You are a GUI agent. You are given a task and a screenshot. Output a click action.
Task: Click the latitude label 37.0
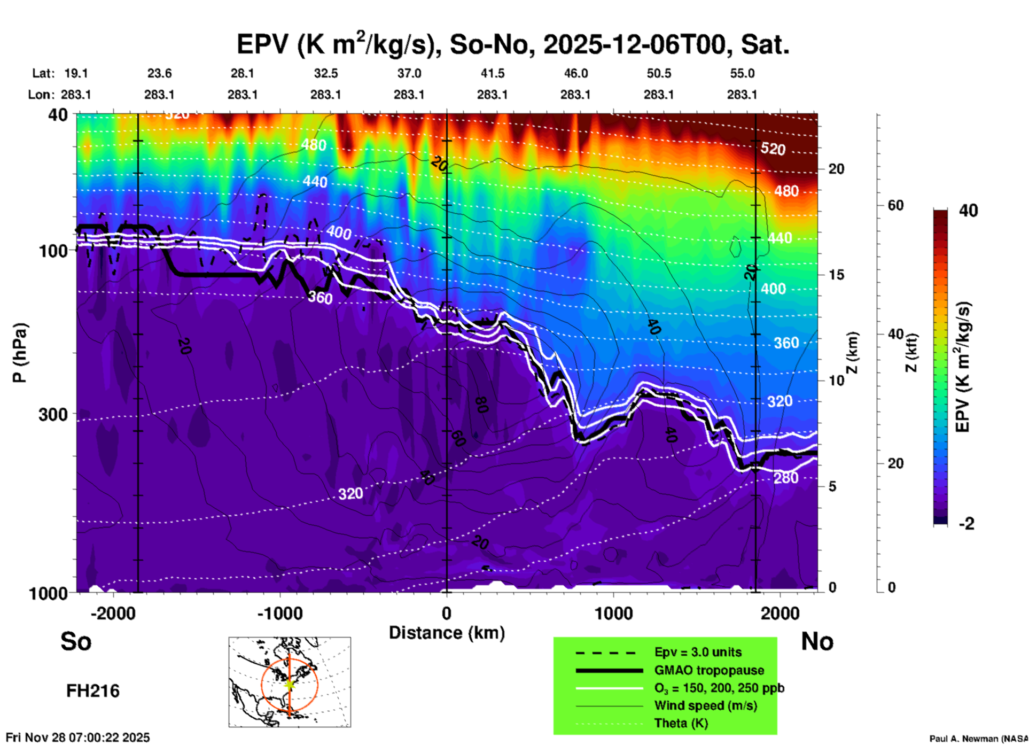tap(409, 73)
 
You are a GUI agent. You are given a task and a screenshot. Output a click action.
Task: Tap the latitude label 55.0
tap(742, 73)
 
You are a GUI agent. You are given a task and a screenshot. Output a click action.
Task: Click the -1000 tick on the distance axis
tap(279, 613)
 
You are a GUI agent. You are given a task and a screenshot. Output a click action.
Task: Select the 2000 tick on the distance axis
tap(780, 613)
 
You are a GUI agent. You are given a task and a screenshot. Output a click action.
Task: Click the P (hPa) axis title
tap(20, 353)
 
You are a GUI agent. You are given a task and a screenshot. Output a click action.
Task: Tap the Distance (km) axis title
tap(447, 633)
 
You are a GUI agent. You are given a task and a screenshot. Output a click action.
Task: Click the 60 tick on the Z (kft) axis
tap(895, 205)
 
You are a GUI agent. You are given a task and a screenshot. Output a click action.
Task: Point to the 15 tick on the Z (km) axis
tap(836, 275)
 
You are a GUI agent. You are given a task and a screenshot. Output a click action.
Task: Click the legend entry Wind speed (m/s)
tap(705, 705)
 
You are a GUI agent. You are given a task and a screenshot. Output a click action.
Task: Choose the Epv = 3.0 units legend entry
tap(698, 653)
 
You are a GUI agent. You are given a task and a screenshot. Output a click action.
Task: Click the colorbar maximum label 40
tap(968, 211)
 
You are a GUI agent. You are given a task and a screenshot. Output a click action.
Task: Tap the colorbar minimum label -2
tap(966, 523)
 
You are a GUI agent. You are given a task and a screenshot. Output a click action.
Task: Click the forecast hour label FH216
tap(93, 691)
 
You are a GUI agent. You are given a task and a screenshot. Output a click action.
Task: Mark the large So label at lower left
tap(76, 641)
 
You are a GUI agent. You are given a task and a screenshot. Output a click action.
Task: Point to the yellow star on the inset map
tap(290, 684)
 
